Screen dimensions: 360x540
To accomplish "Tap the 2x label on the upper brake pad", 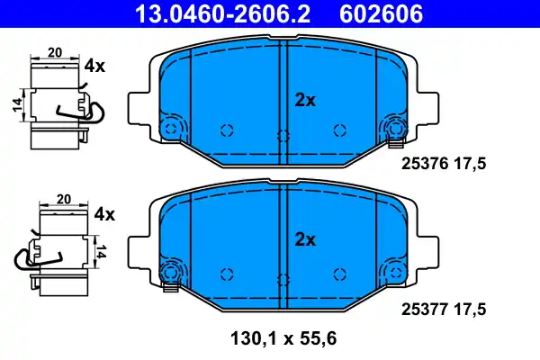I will pyautogui.click(x=305, y=101).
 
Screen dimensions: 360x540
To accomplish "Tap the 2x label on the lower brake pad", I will pyautogui.click(x=305, y=239).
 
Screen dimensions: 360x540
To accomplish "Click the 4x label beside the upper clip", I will pyautogui.click(x=94, y=66).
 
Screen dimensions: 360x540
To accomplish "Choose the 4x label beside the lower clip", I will pyautogui.click(x=104, y=214).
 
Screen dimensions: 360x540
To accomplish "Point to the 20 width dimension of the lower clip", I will pyautogui.click(x=64, y=199).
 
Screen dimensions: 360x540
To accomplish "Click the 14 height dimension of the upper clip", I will pyautogui.click(x=17, y=106).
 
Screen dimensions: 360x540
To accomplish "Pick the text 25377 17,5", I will pyautogui.click(x=442, y=309).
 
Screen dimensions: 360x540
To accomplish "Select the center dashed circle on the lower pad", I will pyautogui.click(x=283, y=276).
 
